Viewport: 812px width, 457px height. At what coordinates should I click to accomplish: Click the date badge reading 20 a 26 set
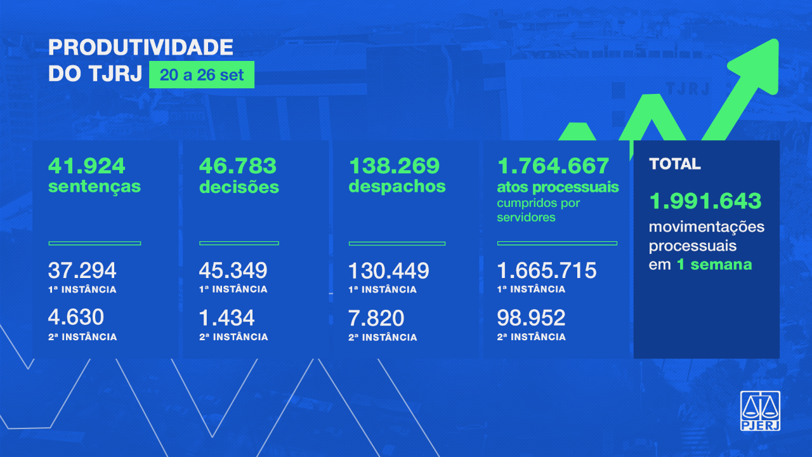click(x=202, y=76)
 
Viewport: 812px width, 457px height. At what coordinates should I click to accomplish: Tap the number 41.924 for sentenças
click(x=87, y=166)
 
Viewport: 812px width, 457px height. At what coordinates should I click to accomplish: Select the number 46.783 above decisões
click(x=238, y=166)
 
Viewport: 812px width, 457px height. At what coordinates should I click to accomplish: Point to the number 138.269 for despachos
click(x=394, y=166)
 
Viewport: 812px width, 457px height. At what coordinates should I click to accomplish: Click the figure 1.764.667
click(x=554, y=166)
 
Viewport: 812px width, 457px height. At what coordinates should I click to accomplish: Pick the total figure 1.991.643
click(x=705, y=201)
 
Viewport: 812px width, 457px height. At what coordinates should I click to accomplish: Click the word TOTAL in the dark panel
click(x=675, y=164)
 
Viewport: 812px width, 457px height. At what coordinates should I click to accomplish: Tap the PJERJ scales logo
click(x=760, y=411)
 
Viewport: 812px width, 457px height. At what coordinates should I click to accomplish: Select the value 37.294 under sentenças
click(x=82, y=271)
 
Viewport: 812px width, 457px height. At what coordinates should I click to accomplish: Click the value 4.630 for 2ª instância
click(x=76, y=317)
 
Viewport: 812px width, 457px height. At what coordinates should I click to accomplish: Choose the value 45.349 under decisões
click(x=233, y=271)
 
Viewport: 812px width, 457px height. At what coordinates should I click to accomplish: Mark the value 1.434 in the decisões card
click(x=226, y=317)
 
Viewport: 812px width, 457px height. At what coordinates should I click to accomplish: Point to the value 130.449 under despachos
click(x=388, y=271)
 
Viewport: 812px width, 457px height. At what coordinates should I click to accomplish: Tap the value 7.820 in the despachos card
click(x=376, y=317)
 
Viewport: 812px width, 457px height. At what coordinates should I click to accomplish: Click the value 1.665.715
click(x=547, y=271)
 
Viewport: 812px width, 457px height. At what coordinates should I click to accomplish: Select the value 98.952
click(x=531, y=317)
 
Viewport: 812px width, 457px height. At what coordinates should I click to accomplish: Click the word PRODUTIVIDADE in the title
click(x=141, y=47)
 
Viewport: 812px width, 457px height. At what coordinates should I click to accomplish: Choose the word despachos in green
click(x=397, y=187)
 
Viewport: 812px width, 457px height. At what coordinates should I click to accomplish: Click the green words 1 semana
click(x=714, y=265)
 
